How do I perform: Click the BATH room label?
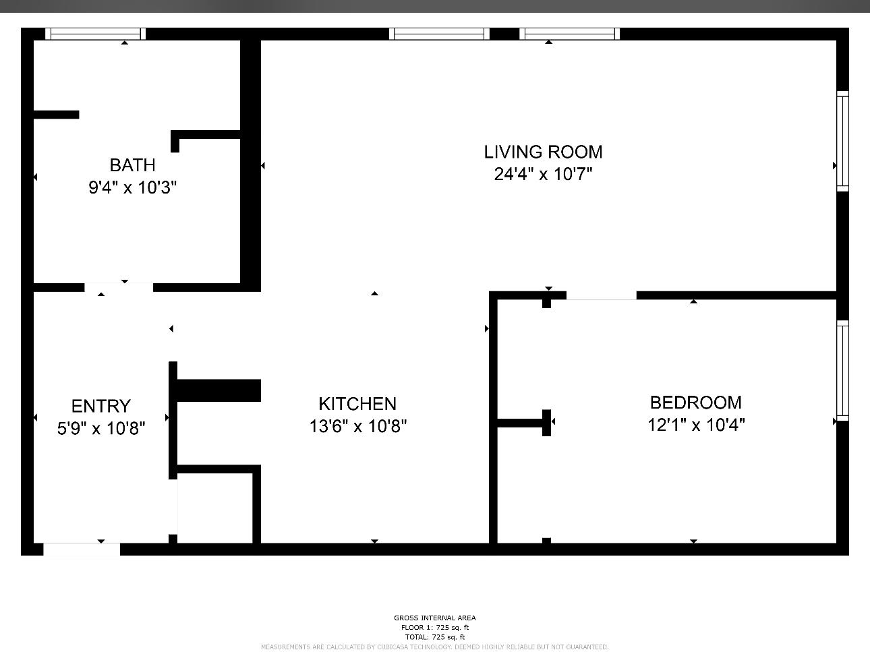tap(132, 165)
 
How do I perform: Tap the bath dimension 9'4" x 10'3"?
tap(132, 187)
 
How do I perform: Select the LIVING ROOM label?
tap(543, 152)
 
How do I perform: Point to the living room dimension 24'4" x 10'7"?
tap(543, 174)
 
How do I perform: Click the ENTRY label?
tap(100, 406)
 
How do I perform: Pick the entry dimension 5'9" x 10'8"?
tap(101, 428)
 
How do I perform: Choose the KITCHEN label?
tap(357, 404)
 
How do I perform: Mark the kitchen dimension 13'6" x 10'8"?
tap(357, 426)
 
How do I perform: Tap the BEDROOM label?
tap(695, 403)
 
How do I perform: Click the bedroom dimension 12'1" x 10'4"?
tap(696, 425)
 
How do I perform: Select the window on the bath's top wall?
tap(95, 34)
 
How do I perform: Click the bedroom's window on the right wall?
tap(842, 371)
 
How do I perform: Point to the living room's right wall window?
tap(842, 141)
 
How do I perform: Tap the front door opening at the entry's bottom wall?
tap(82, 549)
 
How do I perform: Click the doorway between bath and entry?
tap(119, 287)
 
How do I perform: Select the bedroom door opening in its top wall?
tap(601, 295)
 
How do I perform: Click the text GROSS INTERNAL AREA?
tap(434, 618)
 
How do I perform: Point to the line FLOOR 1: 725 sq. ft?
tap(434, 627)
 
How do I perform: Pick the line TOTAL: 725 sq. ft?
tap(434, 636)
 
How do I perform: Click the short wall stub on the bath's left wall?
tap(57, 115)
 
